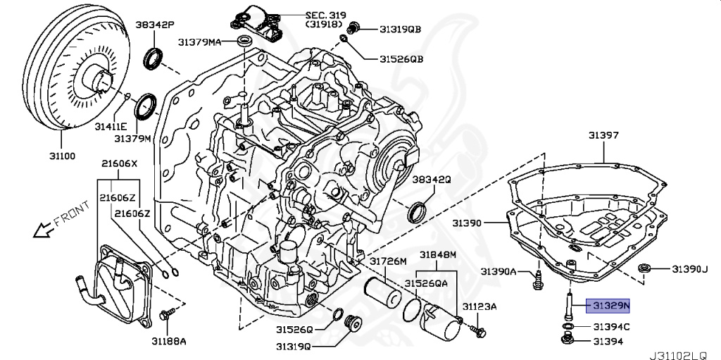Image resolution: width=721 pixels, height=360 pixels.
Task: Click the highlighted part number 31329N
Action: [x=610, y=305]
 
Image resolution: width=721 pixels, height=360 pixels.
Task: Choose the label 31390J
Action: [x=688, y=268]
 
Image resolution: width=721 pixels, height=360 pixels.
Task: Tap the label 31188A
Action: [x=168, y=341]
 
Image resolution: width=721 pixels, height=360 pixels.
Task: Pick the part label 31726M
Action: [x=389, y=261]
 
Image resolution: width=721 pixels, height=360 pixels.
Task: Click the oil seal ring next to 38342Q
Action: [x=418, y=210]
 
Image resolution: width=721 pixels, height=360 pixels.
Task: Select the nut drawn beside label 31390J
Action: [x=645, y=268]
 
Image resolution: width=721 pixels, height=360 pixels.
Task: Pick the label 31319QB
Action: [x=400, y=29]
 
